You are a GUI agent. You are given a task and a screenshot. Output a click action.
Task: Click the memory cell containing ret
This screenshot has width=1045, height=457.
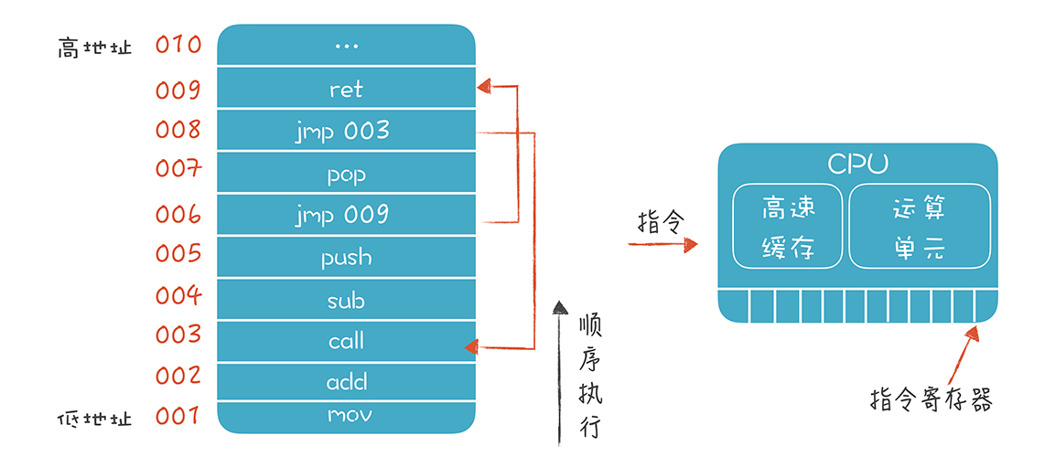point(346,89)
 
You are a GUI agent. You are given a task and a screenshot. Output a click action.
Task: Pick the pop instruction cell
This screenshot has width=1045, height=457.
point(346,173)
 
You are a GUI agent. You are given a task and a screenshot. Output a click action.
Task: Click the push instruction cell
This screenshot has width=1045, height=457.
point(346,257)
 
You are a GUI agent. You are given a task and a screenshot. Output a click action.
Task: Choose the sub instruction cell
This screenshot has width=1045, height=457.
point(346,299)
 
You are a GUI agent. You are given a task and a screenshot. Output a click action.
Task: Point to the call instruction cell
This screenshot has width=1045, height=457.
point(346,341)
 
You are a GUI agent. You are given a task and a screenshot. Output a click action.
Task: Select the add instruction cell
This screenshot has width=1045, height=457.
point(346,382)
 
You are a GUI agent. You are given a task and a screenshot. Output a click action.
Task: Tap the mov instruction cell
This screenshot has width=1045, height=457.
point(346,416)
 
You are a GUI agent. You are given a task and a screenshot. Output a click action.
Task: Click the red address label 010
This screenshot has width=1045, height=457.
point(178,45)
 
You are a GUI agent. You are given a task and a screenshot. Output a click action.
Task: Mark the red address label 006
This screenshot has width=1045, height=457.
point(178,214)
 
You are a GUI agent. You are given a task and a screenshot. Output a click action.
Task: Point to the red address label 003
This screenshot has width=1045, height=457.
point(178,335)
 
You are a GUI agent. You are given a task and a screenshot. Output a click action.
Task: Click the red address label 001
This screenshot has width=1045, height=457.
point(178,417)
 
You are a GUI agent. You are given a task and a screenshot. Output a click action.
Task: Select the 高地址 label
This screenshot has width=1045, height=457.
point(94,48)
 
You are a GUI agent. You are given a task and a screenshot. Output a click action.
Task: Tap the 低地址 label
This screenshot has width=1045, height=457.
point(94,420)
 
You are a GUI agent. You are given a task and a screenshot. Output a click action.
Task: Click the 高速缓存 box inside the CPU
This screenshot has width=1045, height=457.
point(788,227)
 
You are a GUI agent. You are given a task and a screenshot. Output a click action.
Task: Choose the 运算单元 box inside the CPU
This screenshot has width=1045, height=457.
point(919,227)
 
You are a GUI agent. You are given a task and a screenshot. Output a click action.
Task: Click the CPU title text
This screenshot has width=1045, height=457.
point(856,164)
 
